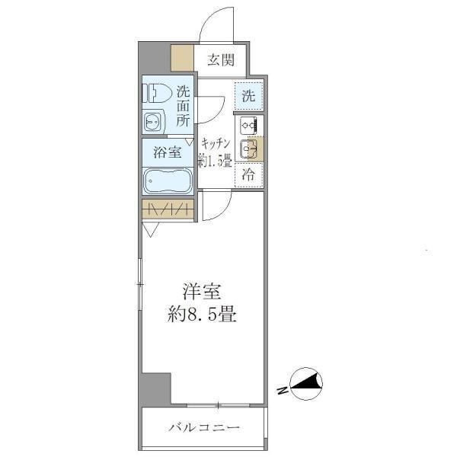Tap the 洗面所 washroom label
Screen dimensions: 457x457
(x=184, y=106)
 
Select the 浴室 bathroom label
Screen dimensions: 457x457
(x=168, y=151)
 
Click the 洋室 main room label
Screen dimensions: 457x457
(x=200, y=291)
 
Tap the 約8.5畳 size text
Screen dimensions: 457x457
(x=200, y=314)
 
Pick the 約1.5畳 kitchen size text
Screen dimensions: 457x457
(x=216, y=160)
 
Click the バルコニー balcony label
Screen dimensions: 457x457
(x=204, y=428)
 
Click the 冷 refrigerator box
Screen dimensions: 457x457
(x=248, y=174)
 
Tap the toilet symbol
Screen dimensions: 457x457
(x=156, y=92)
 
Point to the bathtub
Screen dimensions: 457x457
(x=168, y=181)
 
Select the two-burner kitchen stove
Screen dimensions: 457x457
(x=249, y=125)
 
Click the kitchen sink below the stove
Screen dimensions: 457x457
(x=248, y=149)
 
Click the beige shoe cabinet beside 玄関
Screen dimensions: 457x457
(x=182, y=58)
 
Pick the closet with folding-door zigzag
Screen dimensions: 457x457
(x=168, y=209)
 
